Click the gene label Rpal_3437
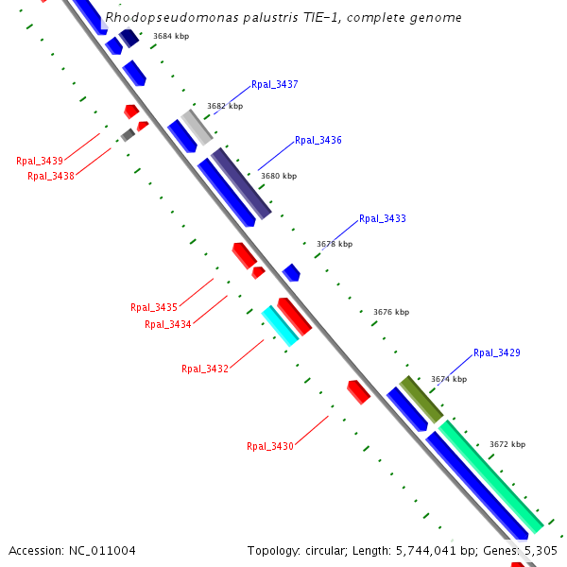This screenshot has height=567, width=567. (x=275, y=85)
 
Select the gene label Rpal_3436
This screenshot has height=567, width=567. (x=318, y=141)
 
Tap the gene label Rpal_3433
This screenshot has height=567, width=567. (x=383, y=219)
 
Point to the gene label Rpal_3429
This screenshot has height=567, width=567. (x=497, y=353)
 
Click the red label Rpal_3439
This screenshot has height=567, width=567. (x=40, y=161)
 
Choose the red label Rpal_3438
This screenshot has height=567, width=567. (x=51, y=176)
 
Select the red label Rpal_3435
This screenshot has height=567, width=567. (x=154, y=308)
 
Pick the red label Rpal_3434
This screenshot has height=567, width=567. (x=168, y=325)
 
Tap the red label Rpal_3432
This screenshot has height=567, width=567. (x=205, y=369)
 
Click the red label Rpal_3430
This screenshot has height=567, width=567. (x=270, y=446)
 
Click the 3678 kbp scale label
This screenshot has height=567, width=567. (x=335, y=244)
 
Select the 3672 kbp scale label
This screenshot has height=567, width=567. (x=507, y=444)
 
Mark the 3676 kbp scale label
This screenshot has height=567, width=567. (x=391, y=312)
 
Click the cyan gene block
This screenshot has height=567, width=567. (x=280, y=325)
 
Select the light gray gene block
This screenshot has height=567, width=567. (x=197, y=127)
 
